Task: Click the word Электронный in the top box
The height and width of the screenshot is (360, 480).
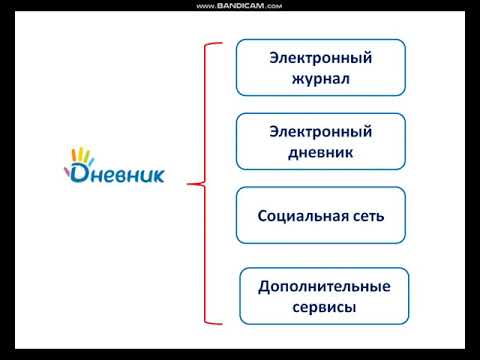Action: pyautogui.click(x=320, y=57)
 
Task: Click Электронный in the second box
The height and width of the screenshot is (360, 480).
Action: pyautogui.click(x=320, y=132)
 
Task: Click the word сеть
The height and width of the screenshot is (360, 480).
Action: pyautogui.click(x=365, y=215)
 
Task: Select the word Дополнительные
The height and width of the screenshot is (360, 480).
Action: pyautogui.click(x=324, y=287)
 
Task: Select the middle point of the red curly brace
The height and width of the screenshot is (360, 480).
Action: pyautogui.click(x=192, y=183)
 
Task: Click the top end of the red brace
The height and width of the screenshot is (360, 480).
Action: pyautogui.click(x=218, y=44)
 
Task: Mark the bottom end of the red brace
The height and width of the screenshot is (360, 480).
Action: pyautogui.click(x=218, y=322)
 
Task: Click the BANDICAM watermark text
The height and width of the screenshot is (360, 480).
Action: pyautogui.click(x=240, y=5)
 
